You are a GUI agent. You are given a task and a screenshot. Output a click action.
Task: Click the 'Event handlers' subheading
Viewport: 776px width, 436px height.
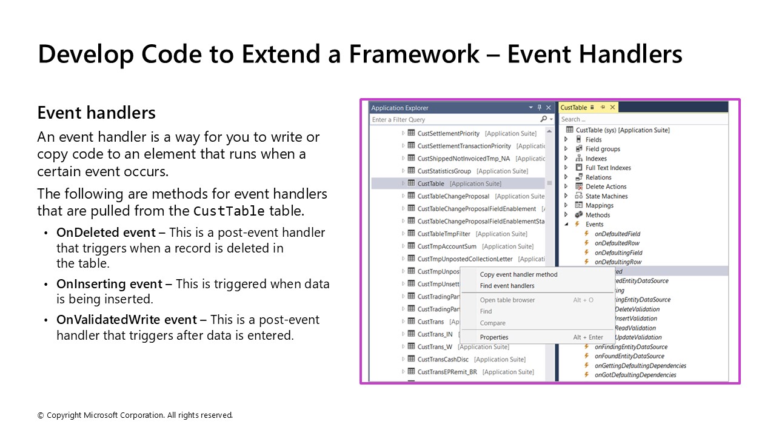tap(96, 113)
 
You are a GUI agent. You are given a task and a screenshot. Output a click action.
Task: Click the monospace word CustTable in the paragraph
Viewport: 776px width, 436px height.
tap(229, 211)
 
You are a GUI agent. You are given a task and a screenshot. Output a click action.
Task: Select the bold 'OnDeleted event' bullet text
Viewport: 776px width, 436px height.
tap(111, 233)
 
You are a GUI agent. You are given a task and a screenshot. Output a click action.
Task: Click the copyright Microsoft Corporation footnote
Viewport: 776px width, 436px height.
tap(135, 415)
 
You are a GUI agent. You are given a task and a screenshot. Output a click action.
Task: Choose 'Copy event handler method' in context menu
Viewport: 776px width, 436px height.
tap(518, 274)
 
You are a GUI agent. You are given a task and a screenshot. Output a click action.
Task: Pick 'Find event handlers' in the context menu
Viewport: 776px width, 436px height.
tap(507, 286)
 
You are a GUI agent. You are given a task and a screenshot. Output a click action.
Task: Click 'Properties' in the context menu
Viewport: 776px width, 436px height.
tap(494, 337)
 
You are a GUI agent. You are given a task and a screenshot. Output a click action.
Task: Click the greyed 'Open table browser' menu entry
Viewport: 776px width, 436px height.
tap(507, 300)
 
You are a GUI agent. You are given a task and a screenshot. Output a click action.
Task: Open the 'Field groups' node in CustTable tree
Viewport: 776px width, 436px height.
tap(603, 149)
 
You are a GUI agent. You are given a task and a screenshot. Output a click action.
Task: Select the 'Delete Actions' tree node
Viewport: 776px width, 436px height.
tap(606, 187)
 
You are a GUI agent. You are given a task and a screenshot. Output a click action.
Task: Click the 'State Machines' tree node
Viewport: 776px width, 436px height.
tap(606, 196)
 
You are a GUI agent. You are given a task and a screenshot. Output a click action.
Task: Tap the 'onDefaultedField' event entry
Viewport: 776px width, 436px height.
tap(617, 234)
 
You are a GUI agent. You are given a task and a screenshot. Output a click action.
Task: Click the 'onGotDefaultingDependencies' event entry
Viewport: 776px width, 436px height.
tap(635, 375)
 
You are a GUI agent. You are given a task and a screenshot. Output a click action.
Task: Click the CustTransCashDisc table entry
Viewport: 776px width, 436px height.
tap(443, 359)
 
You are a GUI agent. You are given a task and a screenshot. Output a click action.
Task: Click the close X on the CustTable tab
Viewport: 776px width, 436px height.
tap(612, 107)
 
